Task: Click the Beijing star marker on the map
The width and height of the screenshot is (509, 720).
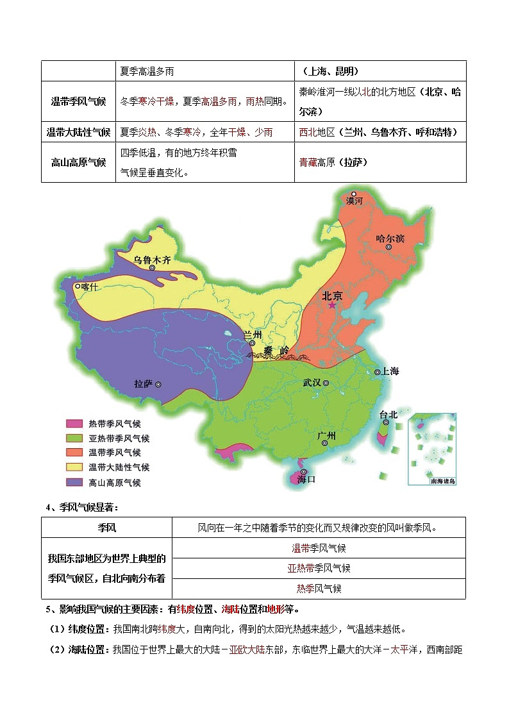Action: [x=332, y=306]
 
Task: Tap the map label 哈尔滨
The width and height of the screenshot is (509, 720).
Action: [x=390, y=239]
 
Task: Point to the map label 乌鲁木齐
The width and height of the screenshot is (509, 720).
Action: [x=152, y=260]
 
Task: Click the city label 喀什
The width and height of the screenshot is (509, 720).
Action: [x=90, y=287]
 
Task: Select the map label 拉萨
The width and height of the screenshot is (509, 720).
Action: [x=143, y=383]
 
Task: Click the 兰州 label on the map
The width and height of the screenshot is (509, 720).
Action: [x=253, y=335]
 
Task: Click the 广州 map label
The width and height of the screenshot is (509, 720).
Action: [x=326, y=435]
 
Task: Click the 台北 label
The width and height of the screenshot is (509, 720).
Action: [x=388, y=415]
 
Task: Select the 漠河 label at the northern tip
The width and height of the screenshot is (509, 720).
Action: [x=354, y=201]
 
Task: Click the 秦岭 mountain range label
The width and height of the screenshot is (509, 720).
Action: [x=276, y=351]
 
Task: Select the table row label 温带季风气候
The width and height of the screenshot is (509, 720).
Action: [x=78, y=101]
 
